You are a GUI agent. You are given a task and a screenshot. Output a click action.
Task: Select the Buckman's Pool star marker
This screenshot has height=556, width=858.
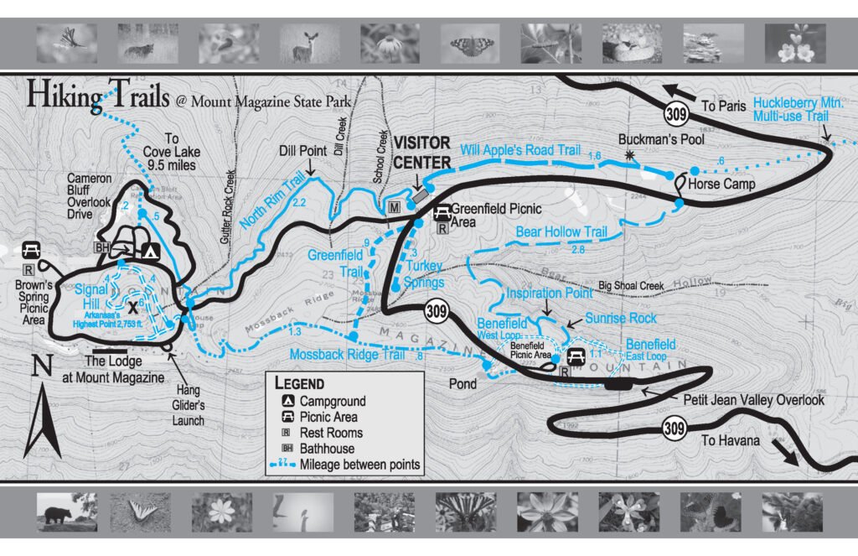tap(629, 155)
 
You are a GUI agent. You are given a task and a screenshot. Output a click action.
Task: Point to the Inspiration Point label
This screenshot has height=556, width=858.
tap(549, 294)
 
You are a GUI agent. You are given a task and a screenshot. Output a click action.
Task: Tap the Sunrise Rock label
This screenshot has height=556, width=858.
tap(621, 319)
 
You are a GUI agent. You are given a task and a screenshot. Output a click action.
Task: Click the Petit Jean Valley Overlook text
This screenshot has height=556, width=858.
tap(753, 400)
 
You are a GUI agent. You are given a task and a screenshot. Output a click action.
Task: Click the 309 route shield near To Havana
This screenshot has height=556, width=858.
tap(674, 429)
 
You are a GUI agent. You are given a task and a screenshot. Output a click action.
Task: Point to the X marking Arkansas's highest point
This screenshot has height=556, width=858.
tap(132, 307)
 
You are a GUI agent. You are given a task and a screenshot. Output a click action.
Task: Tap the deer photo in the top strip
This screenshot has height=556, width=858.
tap(309, 43)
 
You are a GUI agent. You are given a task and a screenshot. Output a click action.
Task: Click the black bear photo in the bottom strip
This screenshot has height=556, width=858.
tap(66, 511)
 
